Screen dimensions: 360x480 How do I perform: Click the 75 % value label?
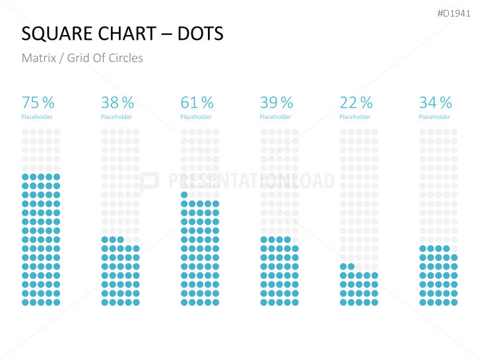[x=38, y=102]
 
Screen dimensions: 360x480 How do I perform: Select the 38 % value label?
[x=118, y=102]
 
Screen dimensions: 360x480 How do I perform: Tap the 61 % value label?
[x=197, y=102]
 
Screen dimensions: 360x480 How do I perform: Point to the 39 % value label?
[x=277, y=102]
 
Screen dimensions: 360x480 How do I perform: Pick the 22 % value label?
[x=356, y=102]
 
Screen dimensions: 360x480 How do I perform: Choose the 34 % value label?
[x=435, y=102]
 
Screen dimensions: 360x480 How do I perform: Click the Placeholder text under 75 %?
[x=37, y=117]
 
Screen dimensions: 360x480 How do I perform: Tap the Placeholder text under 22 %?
[x=355, y=117]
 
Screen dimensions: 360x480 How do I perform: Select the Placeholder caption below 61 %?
[x=196, y=117]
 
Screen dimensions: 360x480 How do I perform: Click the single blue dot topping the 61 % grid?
[x=184, y=195]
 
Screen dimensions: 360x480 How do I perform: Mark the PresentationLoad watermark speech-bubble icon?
[x=150, y=181]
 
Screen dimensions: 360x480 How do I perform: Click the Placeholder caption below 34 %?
[x=434, y=117]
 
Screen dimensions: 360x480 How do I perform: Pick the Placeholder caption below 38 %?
[x=116, y=117]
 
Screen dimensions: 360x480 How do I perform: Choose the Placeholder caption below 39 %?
[x=275, y=117]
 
